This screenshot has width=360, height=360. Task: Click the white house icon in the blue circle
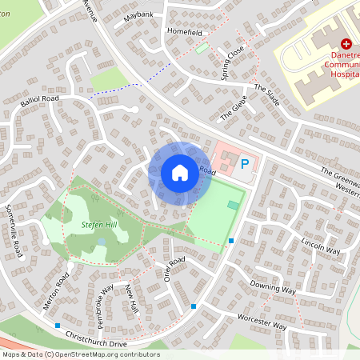click(x=180, y=172)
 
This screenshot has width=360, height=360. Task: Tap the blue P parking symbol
click(x=246, y=165)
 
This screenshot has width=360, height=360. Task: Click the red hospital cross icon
click(x=346, y=44)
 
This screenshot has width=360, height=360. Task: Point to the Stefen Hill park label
click(x=99, y=226)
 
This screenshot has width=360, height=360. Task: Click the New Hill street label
click(x=133, y=299)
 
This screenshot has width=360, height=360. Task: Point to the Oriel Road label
click(x=174, y=269)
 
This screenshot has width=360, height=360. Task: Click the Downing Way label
click(x=273, y=286)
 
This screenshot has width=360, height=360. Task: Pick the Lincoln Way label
click(x=321, y=244)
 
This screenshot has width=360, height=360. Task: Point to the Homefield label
click(x=185, y=31)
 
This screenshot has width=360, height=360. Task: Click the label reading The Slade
click(x=267, y=96)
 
